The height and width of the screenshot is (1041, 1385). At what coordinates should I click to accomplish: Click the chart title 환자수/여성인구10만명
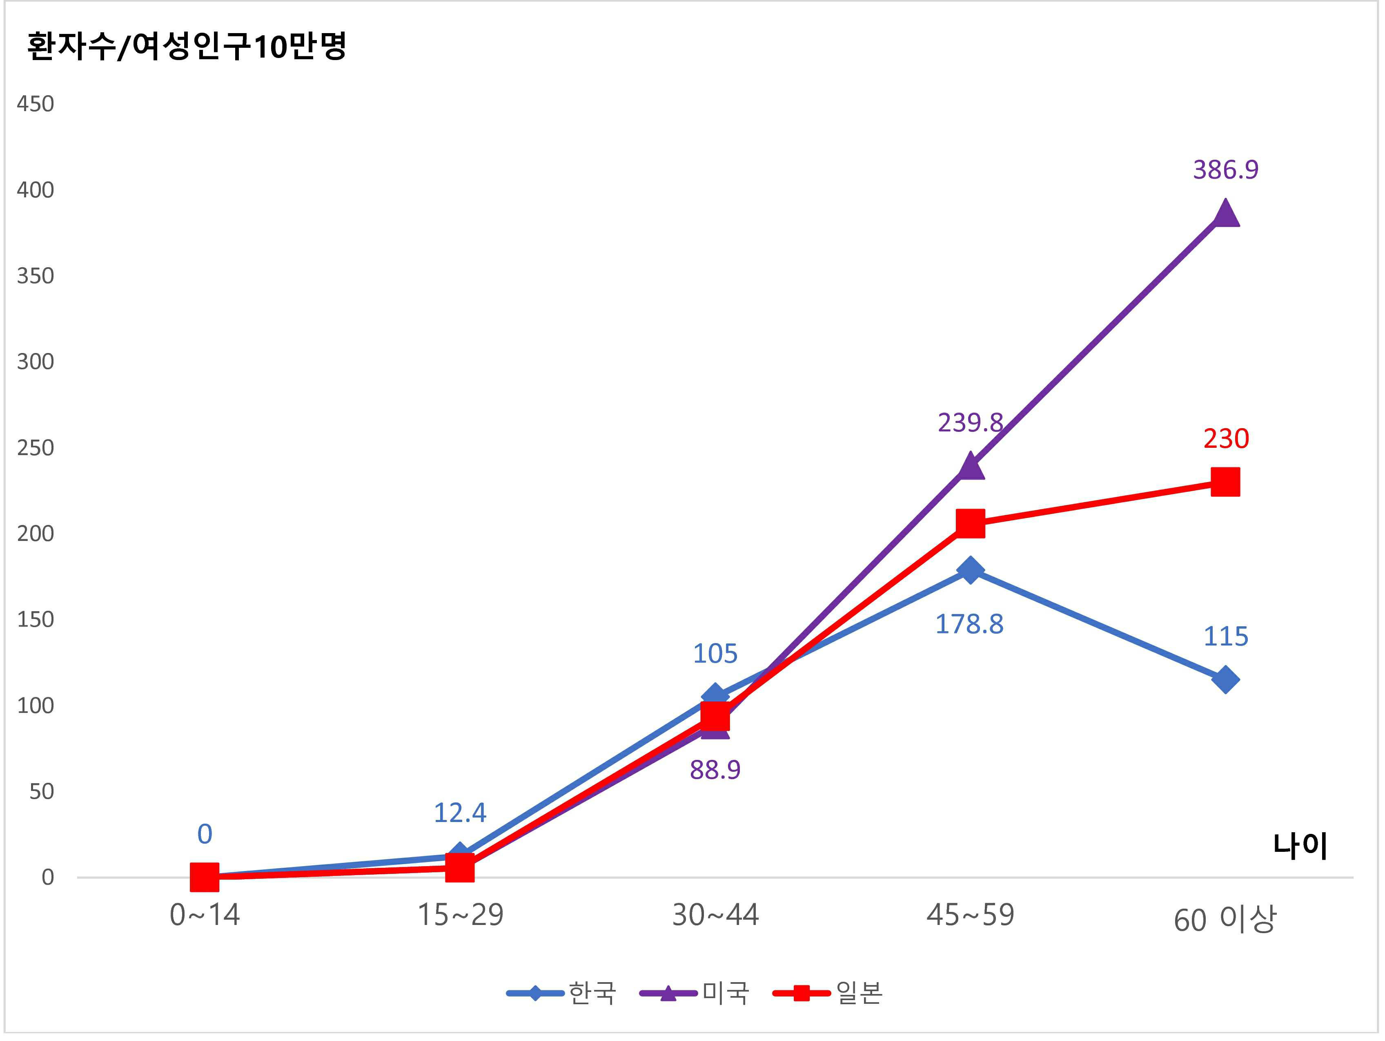tap(187, 46)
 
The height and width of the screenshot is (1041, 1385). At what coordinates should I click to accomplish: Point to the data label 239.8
tap(970, 423)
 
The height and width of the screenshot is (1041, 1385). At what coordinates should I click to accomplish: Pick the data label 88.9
tap(715, 770)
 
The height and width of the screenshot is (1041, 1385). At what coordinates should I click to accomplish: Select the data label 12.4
tap(460, 813)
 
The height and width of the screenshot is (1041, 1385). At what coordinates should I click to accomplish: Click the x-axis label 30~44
tap(715, 915)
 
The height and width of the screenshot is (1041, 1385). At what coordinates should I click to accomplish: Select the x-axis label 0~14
tap(205, 915)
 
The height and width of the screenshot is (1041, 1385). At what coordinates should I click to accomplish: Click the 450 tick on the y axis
tap(35, 104)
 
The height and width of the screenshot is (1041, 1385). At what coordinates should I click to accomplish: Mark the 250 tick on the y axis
tap(35, 448)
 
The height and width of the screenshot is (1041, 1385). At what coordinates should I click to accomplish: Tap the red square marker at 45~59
tap(970, 523)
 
